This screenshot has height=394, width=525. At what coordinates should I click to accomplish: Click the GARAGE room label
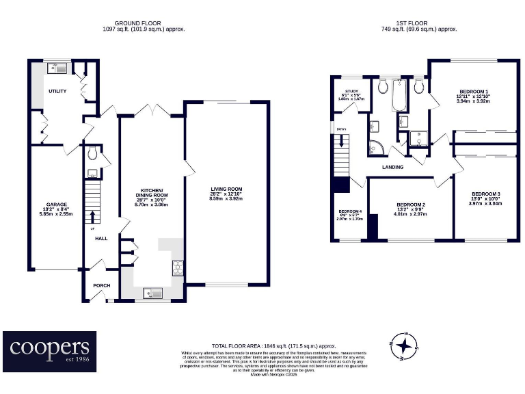[56, 205]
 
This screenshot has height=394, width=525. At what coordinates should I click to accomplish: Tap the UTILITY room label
[57, 91]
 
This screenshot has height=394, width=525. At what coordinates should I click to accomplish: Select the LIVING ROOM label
[226, 189]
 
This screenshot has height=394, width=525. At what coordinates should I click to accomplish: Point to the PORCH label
[101, 285]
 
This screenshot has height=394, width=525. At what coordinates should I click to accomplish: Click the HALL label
[101, 239]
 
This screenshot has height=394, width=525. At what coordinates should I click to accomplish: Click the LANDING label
[392, 167]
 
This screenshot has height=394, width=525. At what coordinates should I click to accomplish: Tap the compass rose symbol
[406, 345]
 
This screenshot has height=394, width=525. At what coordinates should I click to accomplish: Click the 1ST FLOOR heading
[418, 23]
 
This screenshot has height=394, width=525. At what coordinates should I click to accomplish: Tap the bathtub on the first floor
[399, 96]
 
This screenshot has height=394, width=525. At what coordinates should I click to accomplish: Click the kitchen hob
[178, 267]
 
